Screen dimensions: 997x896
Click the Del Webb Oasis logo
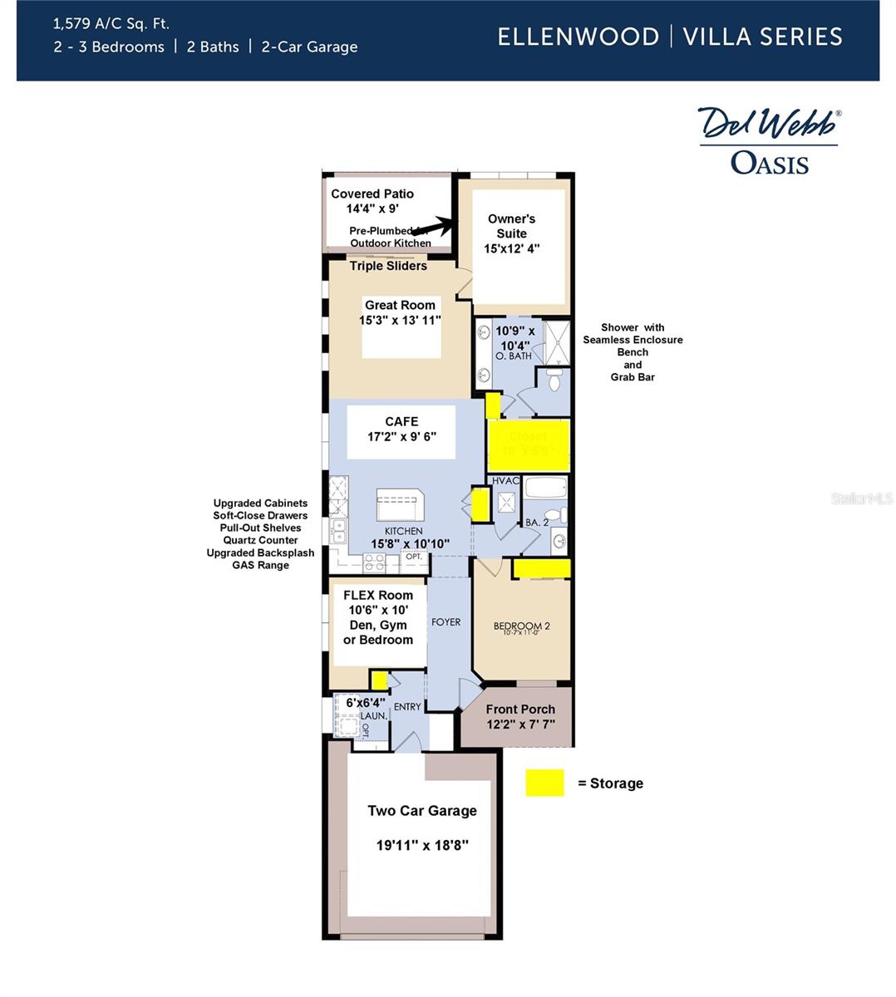click(769, 140)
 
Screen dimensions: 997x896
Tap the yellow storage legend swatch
click(544, 783)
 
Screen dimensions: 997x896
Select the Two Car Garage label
click(422, 811)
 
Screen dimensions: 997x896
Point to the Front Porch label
click(520, 710)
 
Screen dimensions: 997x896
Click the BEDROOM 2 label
click(521, 626)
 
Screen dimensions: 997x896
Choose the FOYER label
click(446, 622)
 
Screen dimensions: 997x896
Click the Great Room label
click(400, 305)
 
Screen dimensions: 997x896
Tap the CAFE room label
click(401, 422)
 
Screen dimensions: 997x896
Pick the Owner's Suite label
click(511, 226)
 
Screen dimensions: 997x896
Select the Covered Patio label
click(372, 194)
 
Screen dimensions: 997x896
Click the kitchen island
click(400, 504)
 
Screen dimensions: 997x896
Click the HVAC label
click(505, 481)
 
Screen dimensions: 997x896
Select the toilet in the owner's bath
click(554, 379)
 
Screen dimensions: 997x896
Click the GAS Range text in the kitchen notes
click(260, 565)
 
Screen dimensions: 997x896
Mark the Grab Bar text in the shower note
click(633, 377)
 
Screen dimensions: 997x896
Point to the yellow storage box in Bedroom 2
click(541, 569)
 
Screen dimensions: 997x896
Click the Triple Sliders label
click(388, 266)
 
